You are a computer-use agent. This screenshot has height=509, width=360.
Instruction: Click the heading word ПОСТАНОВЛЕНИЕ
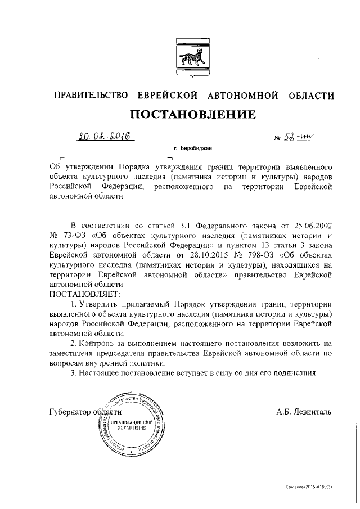(193, 115)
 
